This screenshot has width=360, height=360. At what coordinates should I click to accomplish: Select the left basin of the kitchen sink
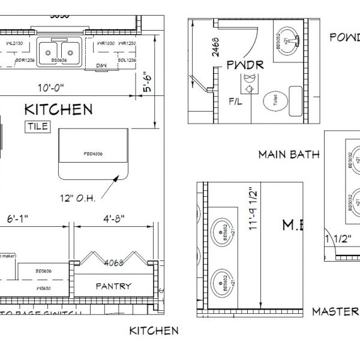[x=49, y=48]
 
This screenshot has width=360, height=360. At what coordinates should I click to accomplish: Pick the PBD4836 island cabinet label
[x=93, y=154]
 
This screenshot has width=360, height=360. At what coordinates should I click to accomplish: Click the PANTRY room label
[x=113, y=286]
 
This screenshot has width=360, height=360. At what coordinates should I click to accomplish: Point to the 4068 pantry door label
[x=113, y=262]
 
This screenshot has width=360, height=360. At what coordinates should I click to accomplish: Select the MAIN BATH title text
[x=288, y=154]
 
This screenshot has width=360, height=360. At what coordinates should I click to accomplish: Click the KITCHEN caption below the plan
[x=154, y=331]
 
